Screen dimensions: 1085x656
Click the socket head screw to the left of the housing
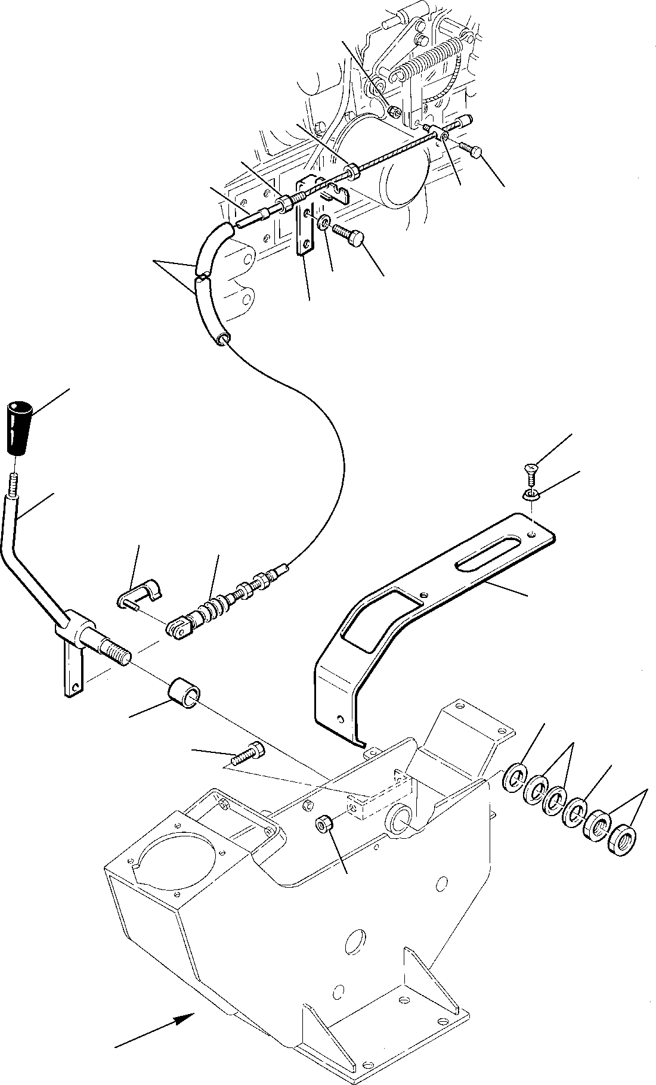tap(245, 754)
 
